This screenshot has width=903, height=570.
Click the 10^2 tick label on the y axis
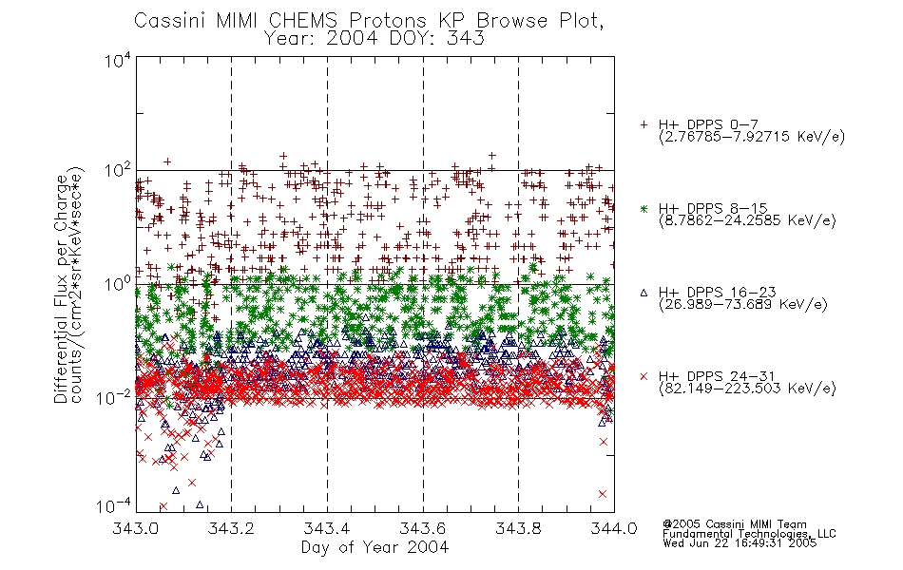coord(118,171)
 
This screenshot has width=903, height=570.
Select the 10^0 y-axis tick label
coord(118,284)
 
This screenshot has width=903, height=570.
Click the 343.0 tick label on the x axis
coord(135,528)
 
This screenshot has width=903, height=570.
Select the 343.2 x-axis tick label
coord(231,528)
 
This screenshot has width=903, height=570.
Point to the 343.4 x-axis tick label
coord(327,528)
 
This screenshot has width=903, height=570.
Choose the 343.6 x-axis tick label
coord(423,528)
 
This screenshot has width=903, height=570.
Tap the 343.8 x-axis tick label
coord(518,528)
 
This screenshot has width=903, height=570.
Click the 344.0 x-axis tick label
coord(614,528)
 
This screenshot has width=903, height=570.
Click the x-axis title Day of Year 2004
coord(375,547)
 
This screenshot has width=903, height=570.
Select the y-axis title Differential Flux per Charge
coord(61,289)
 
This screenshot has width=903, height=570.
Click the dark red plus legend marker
coord(644,124)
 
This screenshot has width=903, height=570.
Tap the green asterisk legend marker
coord(644,208)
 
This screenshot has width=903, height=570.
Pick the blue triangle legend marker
coord(644,293)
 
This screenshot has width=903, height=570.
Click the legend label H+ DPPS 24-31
coord(717,376)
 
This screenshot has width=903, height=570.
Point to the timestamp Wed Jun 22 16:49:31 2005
coord(740,543)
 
